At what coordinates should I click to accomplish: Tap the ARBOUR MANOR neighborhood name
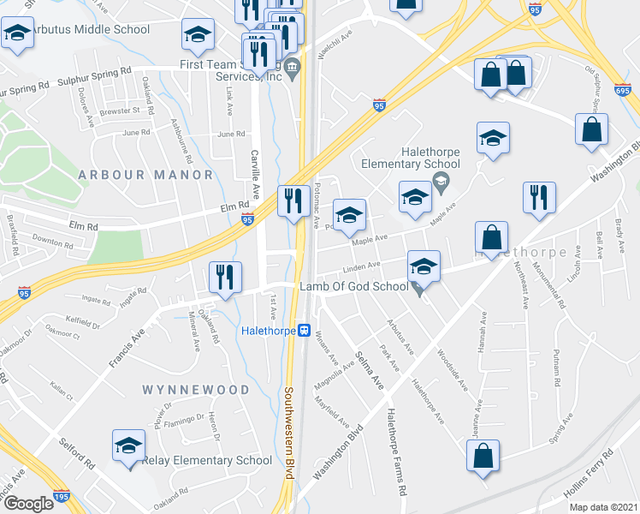tap(145, 175)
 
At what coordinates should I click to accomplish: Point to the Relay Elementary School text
tap(208, 461)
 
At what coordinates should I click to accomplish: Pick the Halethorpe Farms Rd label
tap(394, 453)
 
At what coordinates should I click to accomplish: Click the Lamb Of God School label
tap(353, 286)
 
